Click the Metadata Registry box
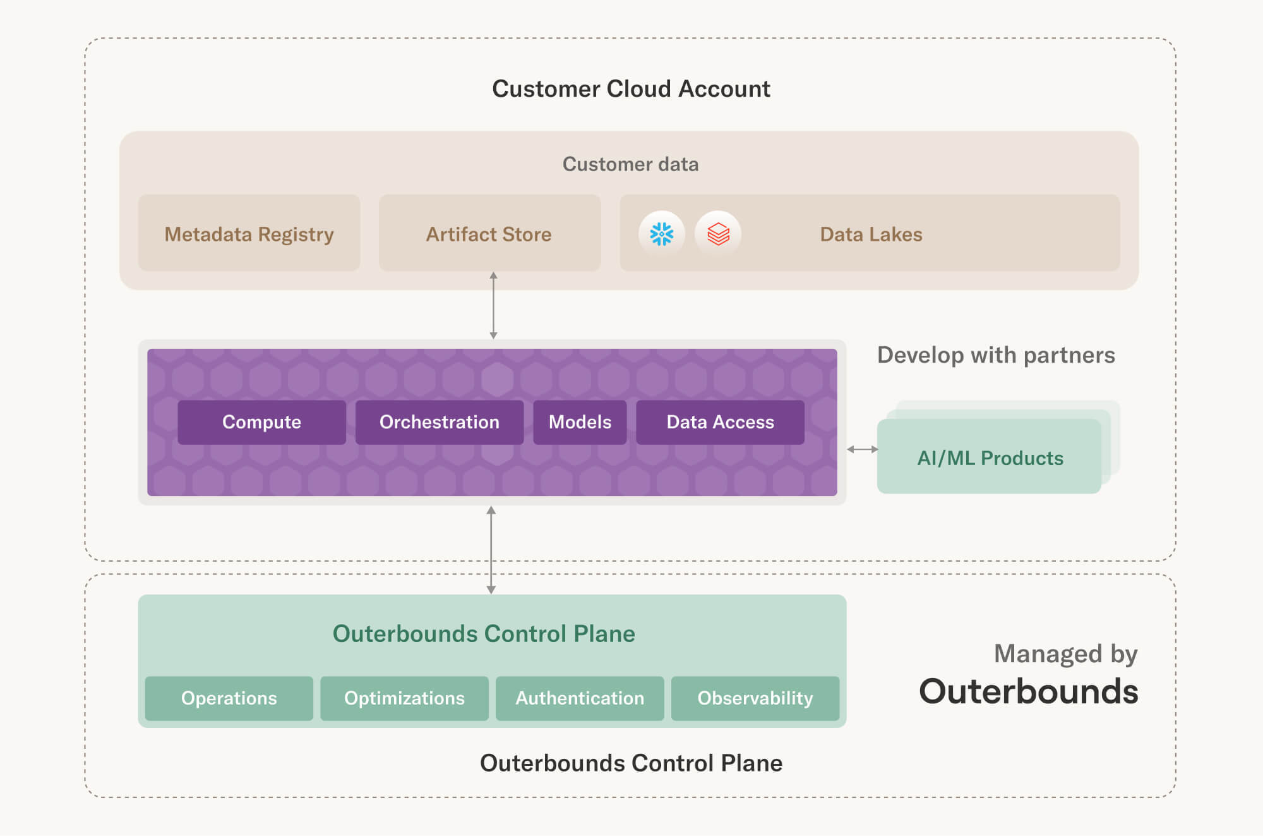[x=249, y=233]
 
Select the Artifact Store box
[x=489, y=233]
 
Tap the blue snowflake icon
[x=661, y=234]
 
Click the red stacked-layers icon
[x=718, y=234]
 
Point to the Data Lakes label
[x=871, y=234]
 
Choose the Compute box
[x=261, y=422]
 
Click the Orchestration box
[x=440, y=422]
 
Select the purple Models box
[x=580, y=422]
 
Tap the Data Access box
[x=720, y=422]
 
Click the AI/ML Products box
[x=989, y=456]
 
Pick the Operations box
[x=229, y=698]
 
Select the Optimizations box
[x=404, y=698]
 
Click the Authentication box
[x=580, y=698]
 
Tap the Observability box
[x=755, y=698]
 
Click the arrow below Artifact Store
[x=493, y=306]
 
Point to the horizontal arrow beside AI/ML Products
[x=862, y=449]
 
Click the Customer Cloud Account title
[x=631, y=89]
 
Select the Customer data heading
[x=630, y=164]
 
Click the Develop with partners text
[x=996, y=355]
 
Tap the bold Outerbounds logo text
[x=1028, y=691]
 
